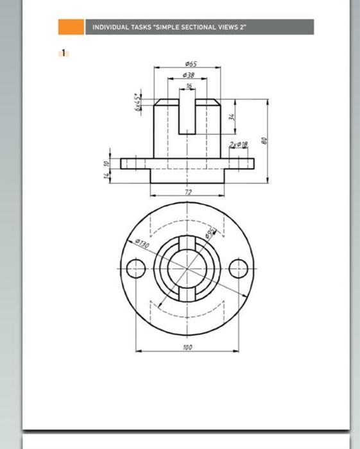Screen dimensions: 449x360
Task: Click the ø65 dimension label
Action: [191, 64]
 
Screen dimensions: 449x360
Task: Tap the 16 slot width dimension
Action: [189, 85]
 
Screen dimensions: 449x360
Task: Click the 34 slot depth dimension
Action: [232, 117]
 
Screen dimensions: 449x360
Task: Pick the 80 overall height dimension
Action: [263, 140]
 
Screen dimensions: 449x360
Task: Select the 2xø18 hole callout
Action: [238, 146]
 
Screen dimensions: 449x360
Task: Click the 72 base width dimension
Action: [188, 192]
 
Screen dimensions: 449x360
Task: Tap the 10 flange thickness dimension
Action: [107, 164]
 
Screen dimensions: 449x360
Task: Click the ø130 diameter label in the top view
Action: [142, 245]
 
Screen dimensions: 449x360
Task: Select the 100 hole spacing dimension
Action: [187, 347]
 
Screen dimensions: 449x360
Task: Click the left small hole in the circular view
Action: [136, 269]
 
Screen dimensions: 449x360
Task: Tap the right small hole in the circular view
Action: [239, 269]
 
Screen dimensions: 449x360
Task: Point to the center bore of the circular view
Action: [187, 269]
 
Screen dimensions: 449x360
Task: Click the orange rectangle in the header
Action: [71, 27]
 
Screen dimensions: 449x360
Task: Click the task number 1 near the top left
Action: [64, 53]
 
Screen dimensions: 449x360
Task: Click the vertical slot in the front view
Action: [187, 112]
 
